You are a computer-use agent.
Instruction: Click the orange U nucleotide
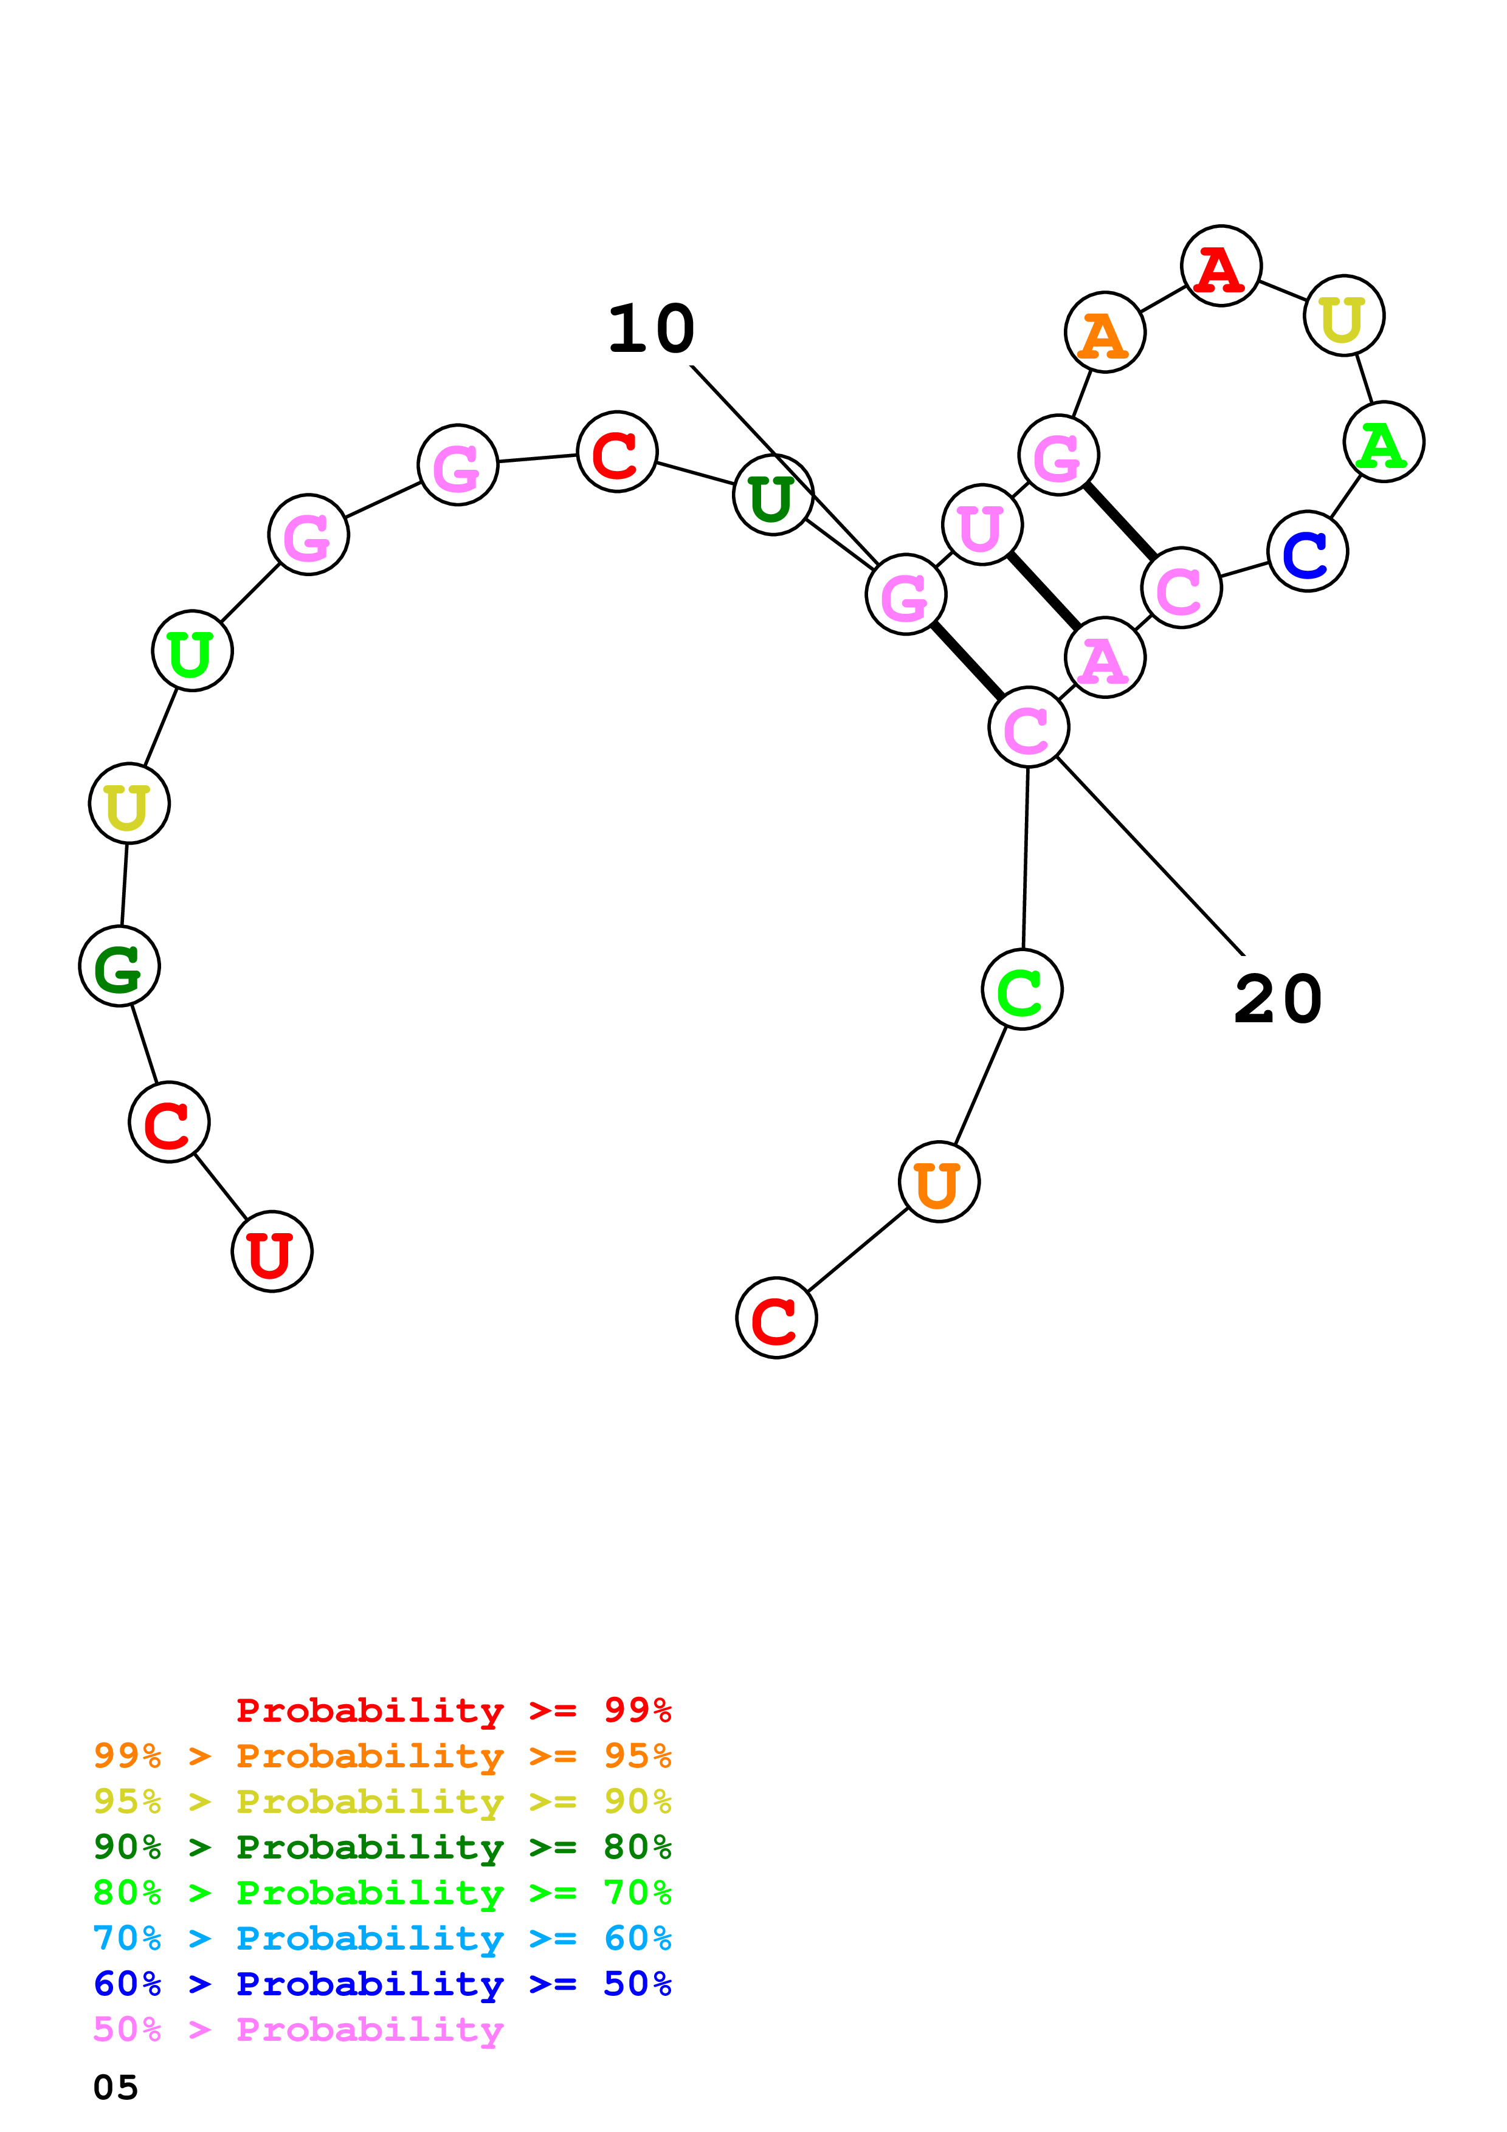939,1182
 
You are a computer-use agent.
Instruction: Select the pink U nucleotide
981,524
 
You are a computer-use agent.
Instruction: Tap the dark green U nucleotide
773,495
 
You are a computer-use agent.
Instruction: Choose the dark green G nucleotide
120,967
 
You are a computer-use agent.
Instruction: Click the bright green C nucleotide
1021,990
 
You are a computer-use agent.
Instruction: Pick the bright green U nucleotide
192,651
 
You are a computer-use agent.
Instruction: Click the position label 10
651,329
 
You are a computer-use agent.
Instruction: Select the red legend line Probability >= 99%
453,1710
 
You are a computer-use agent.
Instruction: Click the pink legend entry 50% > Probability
297,2029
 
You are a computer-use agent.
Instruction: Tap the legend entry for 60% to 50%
382,1984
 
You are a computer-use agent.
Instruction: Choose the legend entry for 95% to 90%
382,1801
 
